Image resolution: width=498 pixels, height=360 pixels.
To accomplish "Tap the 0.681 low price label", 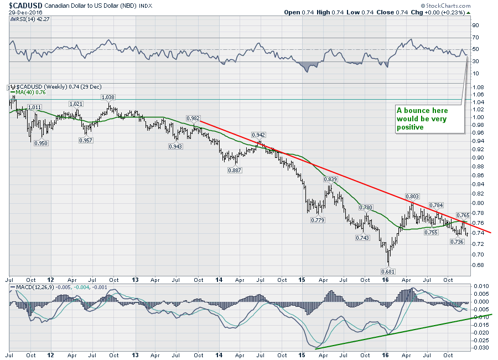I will pyautogui.click(x=389, y=271).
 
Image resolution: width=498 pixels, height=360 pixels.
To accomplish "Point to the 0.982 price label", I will pyautogui.click(x=193, y=118).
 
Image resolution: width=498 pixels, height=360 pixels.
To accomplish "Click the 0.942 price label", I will pyautogui.click(x=258, y=135).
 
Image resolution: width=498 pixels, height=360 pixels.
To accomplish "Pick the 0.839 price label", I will pyautogui.click(x=330, y=179).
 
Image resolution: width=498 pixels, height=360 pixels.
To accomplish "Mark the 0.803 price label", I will pyautogui.click(x=412, y=196).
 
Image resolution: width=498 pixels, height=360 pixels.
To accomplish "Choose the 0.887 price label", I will pyautogui.click(x=235, y=170).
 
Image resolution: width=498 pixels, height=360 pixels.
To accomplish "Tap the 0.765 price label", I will pyautogui.click(x=463, y=214).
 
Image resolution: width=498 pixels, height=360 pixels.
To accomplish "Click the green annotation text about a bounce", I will pyautogui.click(x=422, y=119).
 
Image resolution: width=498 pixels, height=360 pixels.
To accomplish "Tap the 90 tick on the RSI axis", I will pyautogui.click(x=475, y=25).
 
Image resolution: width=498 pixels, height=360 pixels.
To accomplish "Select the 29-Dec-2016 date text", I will pyautogui.click(x=24, y=12).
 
